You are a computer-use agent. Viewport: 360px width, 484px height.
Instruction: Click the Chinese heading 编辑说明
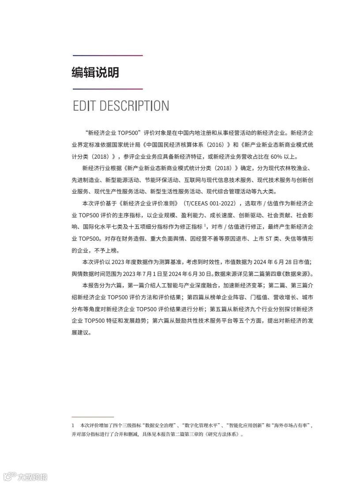click(95, 73)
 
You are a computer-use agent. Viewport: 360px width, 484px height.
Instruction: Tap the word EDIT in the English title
click(84, 106)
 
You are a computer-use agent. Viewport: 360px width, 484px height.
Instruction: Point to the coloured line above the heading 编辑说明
click(108, 56)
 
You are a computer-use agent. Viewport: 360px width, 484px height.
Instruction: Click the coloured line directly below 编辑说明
click(108, 89)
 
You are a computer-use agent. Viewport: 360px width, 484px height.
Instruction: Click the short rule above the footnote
click(93, 417)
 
